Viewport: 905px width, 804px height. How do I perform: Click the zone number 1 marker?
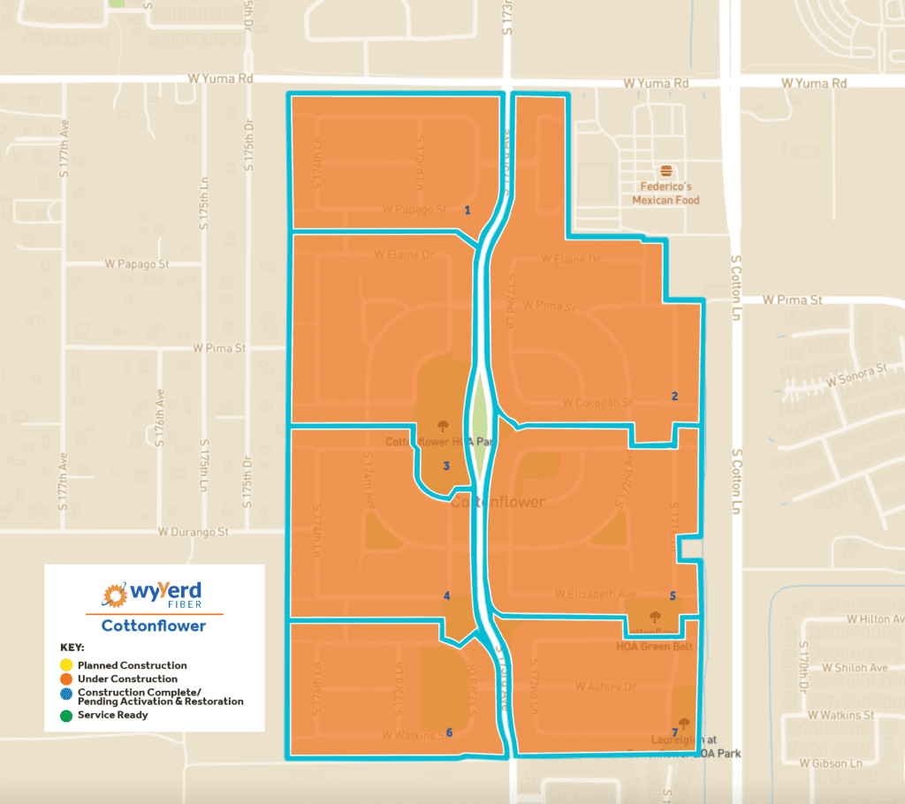[x=467, y=209]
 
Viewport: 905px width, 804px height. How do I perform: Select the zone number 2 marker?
[x=674, y=396]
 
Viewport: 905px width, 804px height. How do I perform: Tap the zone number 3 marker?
[x=446, y=466]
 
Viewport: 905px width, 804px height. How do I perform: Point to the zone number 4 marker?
[x=446, y=595]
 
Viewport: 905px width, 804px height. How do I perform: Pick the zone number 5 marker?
[x=673, y=595]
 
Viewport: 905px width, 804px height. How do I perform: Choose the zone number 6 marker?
[x=449, y=732]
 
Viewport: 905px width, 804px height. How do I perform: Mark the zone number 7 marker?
[x=674, y=732]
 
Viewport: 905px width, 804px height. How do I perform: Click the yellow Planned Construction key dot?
[x=66, y=664]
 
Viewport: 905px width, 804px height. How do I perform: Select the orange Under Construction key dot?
[x=66, y=679]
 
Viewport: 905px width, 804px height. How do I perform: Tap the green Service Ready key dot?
[x=66, y=714]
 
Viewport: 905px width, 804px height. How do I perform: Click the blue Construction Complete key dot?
[x=66, y=695]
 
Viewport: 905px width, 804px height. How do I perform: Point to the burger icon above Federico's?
[x=665, y=171]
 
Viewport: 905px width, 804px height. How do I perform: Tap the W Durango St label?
[x=194, y=532]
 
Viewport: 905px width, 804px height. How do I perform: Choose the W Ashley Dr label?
[x=605, y=686]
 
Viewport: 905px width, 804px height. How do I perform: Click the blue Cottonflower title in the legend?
[x=153, y=626]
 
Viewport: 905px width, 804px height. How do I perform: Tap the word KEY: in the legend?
[x=72, y=648]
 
